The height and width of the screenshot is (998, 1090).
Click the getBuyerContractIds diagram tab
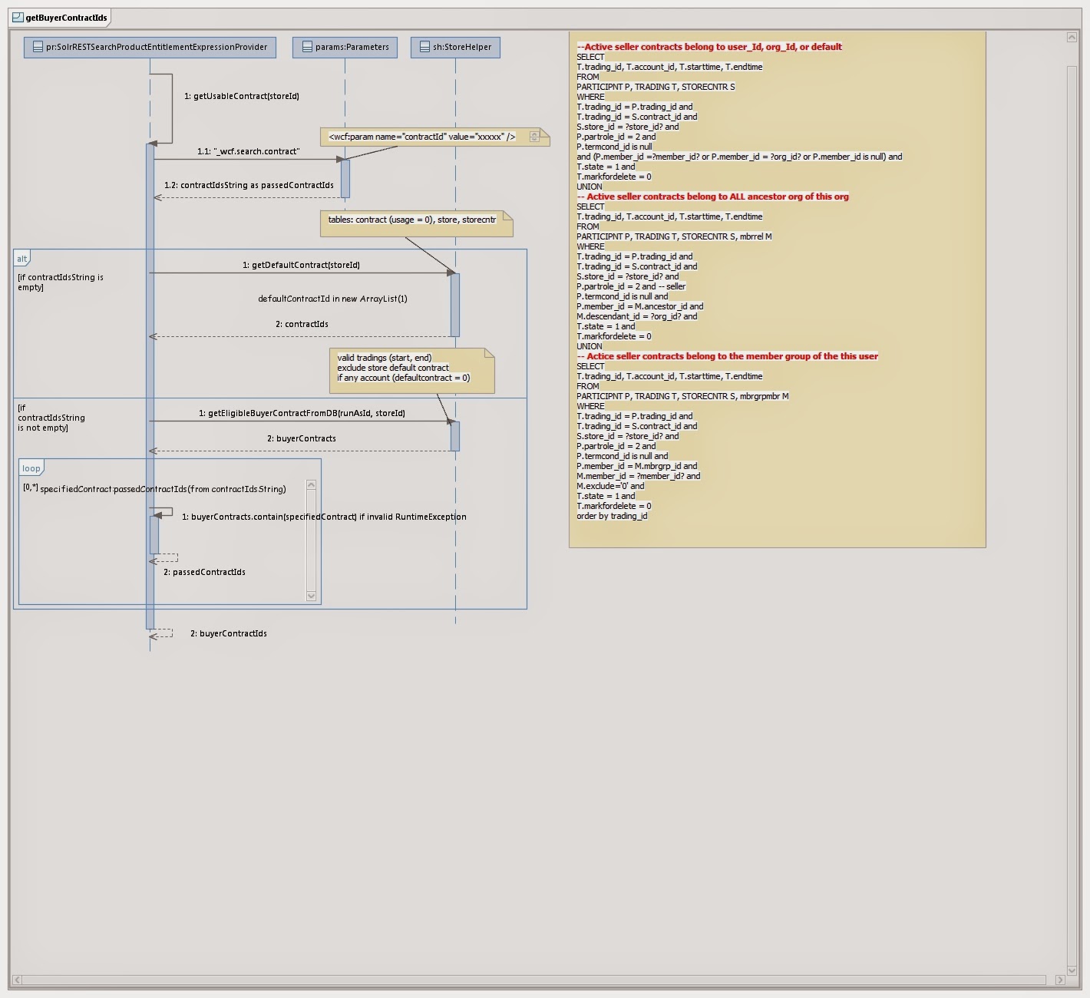(61, 18)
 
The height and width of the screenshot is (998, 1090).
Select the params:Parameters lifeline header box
(345, 47)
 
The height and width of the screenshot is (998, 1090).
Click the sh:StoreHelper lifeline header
(456, 47)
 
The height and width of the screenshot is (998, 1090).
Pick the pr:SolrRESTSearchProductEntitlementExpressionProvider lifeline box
(150, 47)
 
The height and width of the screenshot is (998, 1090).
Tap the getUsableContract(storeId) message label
(242, 96)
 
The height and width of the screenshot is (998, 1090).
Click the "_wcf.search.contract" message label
(249, 151)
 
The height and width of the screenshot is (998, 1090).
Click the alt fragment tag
(22, 259)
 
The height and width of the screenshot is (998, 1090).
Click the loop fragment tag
(31, 468)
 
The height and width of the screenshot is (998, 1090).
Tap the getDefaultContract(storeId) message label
(301, 265)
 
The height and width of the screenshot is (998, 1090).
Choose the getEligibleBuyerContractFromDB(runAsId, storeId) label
(302, 413)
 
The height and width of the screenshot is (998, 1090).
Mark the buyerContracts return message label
(301, 438)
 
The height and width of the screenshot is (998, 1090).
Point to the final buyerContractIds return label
(229, 633)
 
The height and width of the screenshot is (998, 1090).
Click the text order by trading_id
(612, 516)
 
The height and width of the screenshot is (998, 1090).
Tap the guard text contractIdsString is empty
(60, 282)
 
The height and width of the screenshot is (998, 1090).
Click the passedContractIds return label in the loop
(204, 572)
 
